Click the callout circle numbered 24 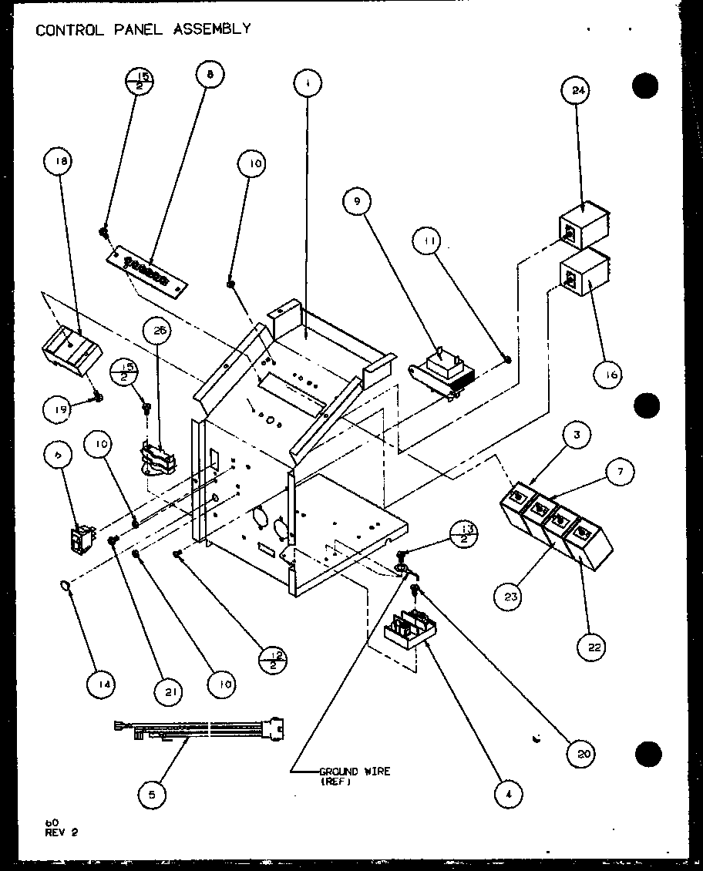[579, 89]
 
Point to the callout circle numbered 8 [210, 74]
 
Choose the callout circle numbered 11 [429, 241]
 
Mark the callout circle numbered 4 [507, 793]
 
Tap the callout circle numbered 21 [169, 691]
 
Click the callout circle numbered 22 [594, 647]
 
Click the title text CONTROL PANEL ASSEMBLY [143, 29]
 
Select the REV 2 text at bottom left [61, 832]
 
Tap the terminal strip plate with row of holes [148, 270]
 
